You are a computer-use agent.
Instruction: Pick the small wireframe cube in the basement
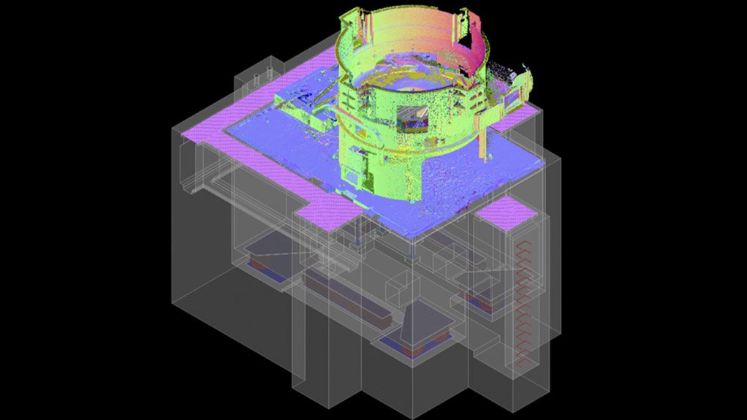[398, 291]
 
